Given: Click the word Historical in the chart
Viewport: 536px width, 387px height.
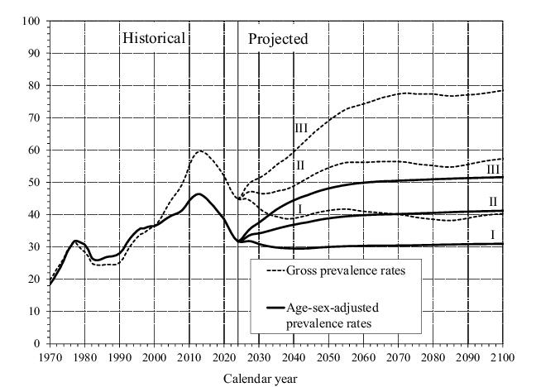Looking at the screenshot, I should (x=154, y=38).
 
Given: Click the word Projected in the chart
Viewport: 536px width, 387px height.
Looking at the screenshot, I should (x=278, y=38).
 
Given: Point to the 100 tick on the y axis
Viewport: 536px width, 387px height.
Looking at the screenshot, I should (x=31, y=21).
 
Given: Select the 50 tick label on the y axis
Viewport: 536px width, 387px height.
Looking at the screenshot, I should (x=34, y=182).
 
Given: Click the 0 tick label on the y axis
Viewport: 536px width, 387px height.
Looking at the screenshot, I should (x=37, y=343).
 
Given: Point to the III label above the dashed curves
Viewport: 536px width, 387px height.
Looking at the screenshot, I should (x=301, y=128).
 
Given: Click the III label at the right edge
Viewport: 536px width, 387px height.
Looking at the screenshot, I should (x=493, y=169).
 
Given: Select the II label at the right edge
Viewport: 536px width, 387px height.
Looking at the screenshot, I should (x=493, y=201).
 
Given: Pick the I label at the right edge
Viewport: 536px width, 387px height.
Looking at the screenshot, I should (x=492, y=235).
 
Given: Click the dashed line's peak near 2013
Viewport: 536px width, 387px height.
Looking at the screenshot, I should (x=199, y=150).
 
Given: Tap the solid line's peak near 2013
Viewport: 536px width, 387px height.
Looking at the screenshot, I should (x=198, y=193).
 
